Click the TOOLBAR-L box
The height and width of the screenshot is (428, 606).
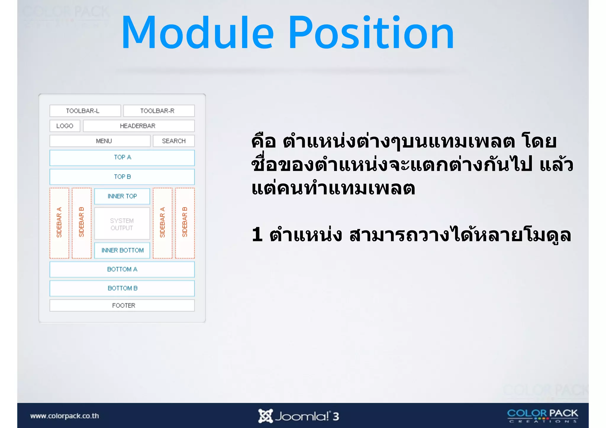[85, 111]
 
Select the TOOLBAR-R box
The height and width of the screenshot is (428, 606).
[159, 111]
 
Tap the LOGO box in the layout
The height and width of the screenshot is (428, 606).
[65, 126]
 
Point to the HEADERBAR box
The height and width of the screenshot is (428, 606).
[138, 126]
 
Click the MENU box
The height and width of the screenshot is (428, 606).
[100, 141]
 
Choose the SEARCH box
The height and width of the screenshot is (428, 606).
[174, 141]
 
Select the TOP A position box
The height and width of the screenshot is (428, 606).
[122, 158]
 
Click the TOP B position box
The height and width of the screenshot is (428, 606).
[122, 177]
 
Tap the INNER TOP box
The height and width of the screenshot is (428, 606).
[122, 196]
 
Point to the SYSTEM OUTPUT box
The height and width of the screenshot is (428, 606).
[122, 224]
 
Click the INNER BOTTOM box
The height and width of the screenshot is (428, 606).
[122, 251]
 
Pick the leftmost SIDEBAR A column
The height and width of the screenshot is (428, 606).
[59, 223]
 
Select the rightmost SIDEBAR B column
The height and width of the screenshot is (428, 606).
[185, 223]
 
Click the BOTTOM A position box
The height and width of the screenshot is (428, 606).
[122, 269]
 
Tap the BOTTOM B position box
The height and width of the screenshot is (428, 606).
[122, 288]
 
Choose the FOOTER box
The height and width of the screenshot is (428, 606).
[122, 306]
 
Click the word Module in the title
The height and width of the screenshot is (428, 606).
[197, 33]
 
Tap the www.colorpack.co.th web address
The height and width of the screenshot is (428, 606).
[65, 416]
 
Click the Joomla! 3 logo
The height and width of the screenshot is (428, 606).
[299, 416]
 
